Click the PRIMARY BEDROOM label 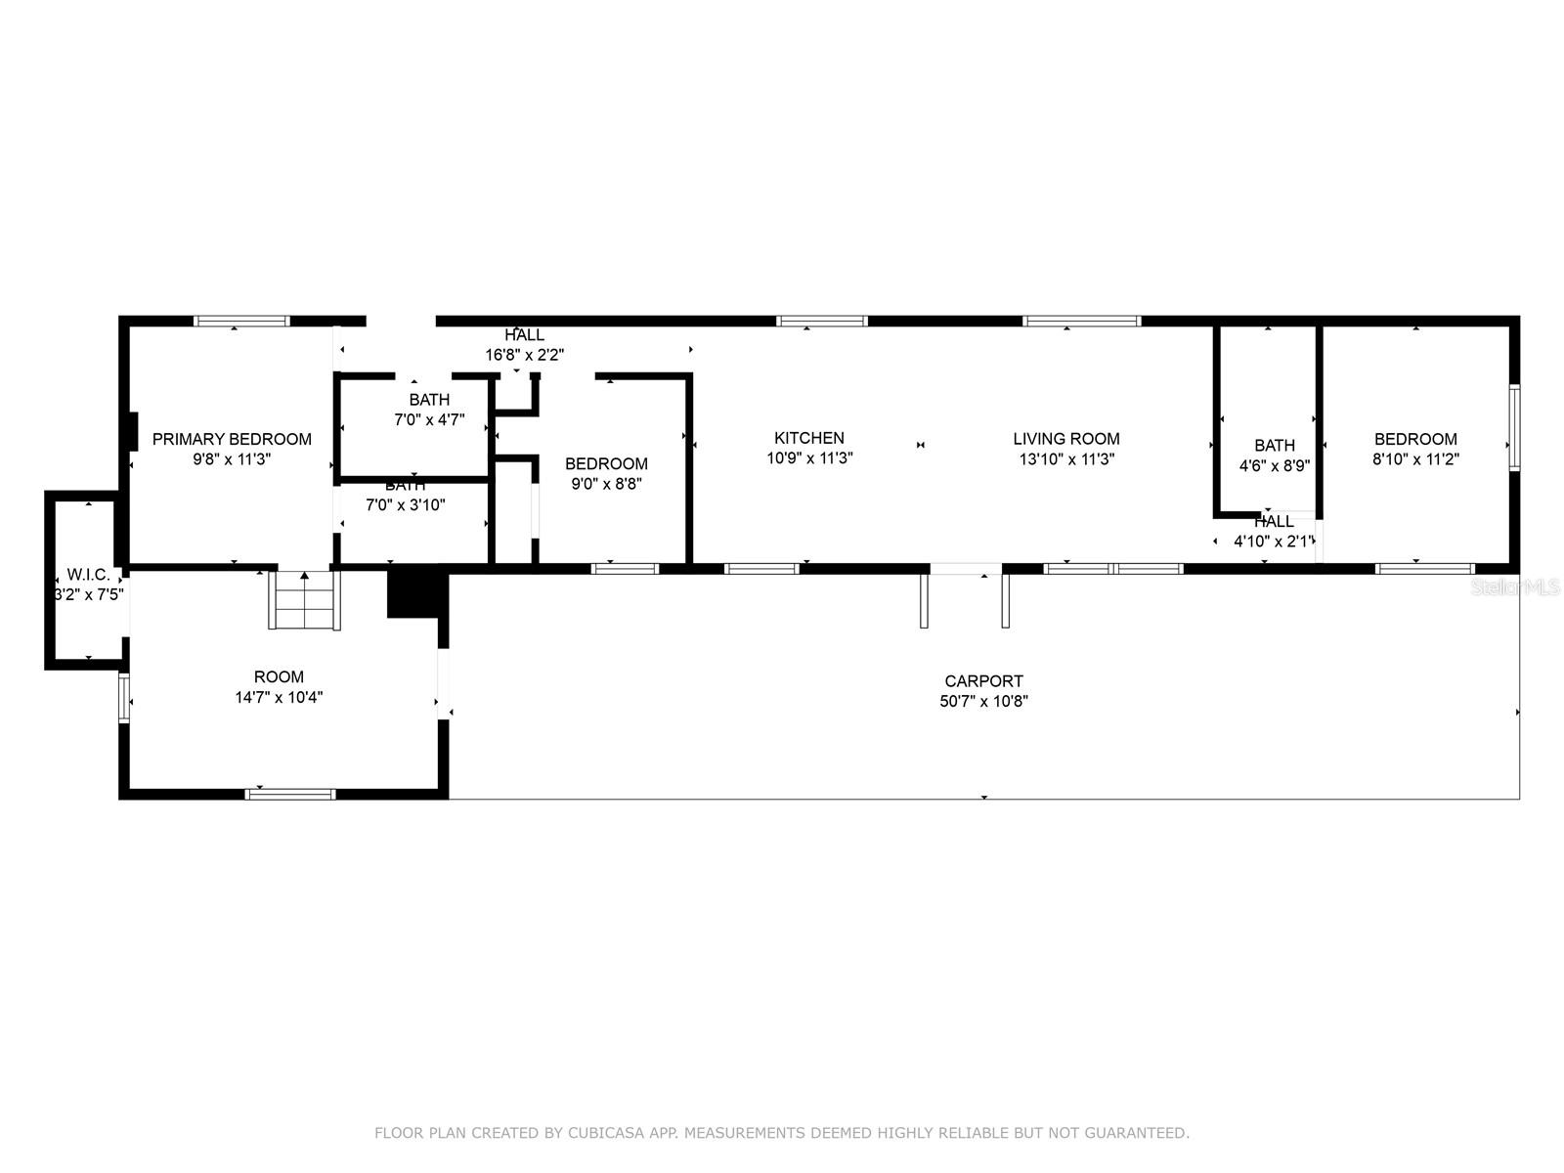[232, 439]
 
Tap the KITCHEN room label [808, 438]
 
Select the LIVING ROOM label [1065, 439]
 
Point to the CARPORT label [983, 681]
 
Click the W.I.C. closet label [88, 574]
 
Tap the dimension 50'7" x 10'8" [983, 701]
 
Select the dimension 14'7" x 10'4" [279, 697]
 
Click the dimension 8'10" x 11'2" [1415, 458]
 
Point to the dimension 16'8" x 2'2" [524, 355]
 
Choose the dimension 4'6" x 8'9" [1274, 466]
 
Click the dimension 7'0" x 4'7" [429, 419]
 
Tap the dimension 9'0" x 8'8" [606, 484]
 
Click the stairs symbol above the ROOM [304, 600]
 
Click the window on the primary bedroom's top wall [242, 322]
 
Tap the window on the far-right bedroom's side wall [1514, 427]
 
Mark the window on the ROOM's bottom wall [290, 794]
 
